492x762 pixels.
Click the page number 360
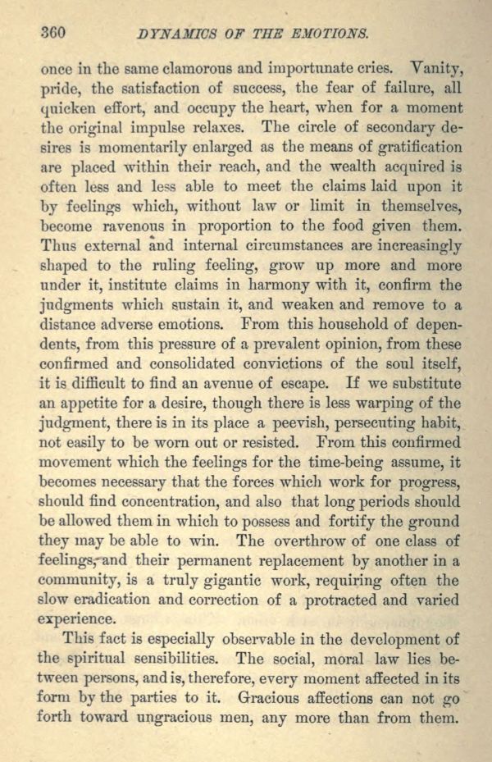click(x=52, y=33)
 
